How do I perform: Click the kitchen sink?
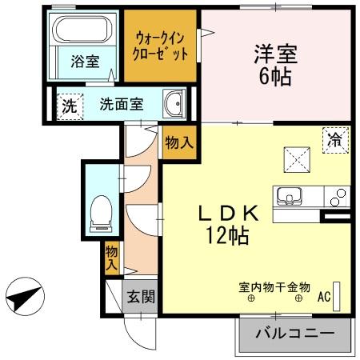click(290, 195)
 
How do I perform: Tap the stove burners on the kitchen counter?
click(339, 195)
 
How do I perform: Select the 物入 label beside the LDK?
click(178, 143)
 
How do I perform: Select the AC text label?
click(324, 296)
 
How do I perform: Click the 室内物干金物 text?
click(274, 285)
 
